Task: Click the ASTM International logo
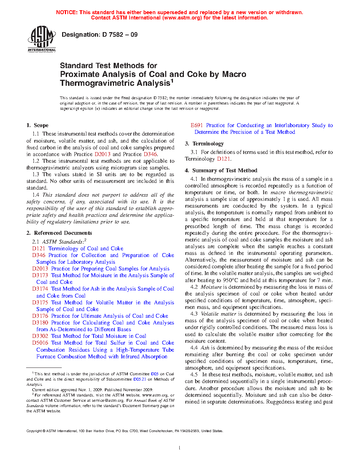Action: (42, 39)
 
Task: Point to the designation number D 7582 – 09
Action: (120, 35)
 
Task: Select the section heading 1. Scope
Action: (37, 125)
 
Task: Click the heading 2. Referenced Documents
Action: (59, 233)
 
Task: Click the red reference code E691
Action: (197, 125)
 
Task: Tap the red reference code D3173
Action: (40, 275)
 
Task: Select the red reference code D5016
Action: (40, 343)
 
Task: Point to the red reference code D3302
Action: (40, 336)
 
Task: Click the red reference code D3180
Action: (40, 323)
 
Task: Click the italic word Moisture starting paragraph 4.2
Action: (211, 287)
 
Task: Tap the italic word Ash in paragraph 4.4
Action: (205, 348)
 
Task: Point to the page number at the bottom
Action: (180, 448)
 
